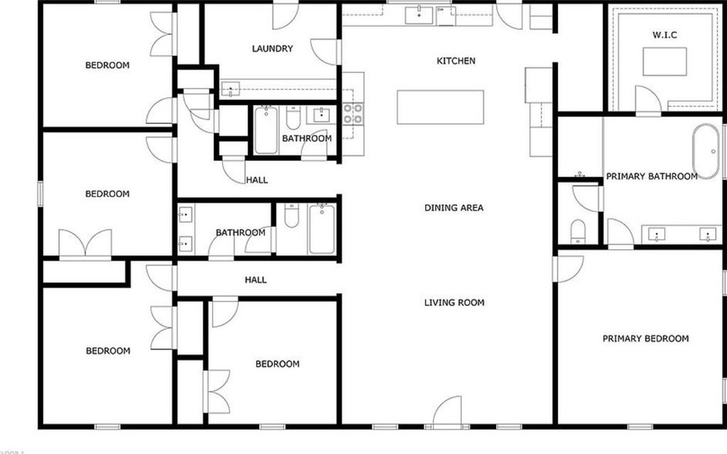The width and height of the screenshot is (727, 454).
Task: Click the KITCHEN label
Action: (x=456, y=61)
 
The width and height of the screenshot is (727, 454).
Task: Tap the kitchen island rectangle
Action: (x=440, y=107)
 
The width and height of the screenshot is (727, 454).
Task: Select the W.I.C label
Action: (x=665, y=35)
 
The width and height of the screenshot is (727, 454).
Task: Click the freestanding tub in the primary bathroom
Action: (x=706, y=150)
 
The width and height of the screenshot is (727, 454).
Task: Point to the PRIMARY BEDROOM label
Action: (x=645, y=339)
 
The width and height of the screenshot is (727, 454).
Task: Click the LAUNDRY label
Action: (x=272, y=49)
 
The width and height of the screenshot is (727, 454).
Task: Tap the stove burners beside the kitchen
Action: (x=353, y=113)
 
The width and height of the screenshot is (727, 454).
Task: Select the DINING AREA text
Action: (x=454, y=208)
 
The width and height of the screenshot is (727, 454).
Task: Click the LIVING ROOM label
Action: (x=454, y=303)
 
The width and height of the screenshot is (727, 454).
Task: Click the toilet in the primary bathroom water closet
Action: (x=577, y=230)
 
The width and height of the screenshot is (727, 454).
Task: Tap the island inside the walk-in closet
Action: (x=664, y=62)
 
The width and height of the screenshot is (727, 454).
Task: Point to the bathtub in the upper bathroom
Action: (x=266, y=130)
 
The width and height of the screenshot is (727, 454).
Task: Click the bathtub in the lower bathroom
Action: (x=322, y=228)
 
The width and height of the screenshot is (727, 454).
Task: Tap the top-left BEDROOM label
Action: (x=108, y=66)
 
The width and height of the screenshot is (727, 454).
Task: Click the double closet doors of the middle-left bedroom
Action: (x=85, y=245)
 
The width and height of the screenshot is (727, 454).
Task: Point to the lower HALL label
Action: (x=256, y=280)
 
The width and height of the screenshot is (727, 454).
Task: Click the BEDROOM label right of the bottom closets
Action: (x=278, y=364)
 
